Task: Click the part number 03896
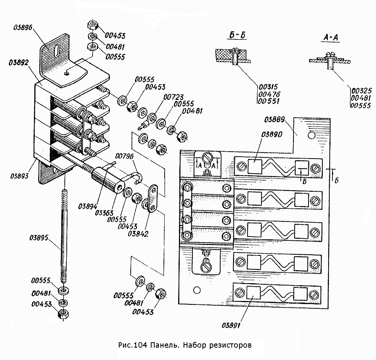23,27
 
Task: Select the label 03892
19,63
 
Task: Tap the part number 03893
19,176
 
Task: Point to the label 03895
39,238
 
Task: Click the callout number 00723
174,97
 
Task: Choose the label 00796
124,156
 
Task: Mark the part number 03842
138,233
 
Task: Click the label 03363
104,213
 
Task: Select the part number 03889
275,120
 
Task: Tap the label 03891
231,325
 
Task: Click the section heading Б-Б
238,35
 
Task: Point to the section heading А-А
330,37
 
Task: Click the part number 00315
268,87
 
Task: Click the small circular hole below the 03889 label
311,135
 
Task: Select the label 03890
272,134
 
